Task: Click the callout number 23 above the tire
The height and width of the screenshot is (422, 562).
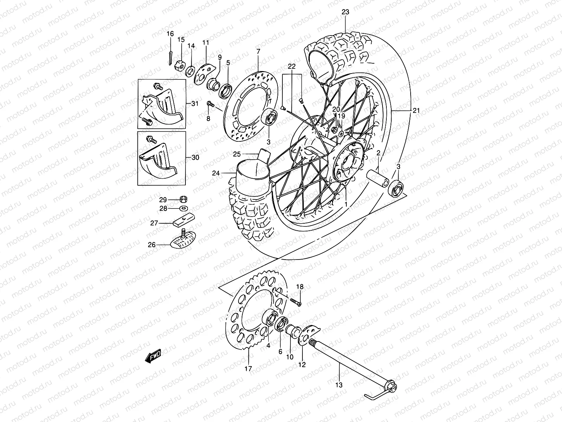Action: click(x=345, y=12)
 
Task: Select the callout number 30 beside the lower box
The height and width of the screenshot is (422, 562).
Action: click(x=195, y=157)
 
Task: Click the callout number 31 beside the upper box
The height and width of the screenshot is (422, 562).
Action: click(x=195, y=103)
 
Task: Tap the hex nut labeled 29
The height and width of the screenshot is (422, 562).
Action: click(x=183, y=199)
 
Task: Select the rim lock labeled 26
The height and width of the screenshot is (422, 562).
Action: click(x=183, y=241)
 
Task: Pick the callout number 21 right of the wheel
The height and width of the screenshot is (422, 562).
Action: click(x=416, y=110)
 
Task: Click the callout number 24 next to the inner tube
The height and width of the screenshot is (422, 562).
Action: click(x=216, y=173)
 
